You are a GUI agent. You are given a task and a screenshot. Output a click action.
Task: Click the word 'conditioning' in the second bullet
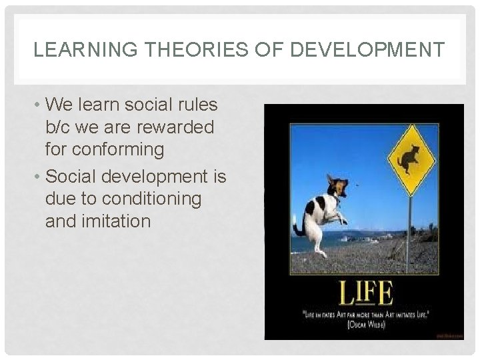[157, 199]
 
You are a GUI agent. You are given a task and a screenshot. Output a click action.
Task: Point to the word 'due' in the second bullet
[60, 199]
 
